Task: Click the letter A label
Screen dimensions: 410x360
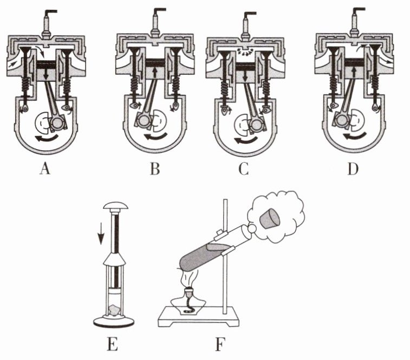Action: (45, 168)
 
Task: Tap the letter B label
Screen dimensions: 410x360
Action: (155, 169)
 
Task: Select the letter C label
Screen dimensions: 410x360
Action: (244, 169)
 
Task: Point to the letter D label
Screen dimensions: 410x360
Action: (353, 169)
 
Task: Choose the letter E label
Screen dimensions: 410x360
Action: (113, 344)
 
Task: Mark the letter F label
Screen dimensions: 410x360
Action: (220, 344)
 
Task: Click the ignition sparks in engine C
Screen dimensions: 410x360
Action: (244, 52)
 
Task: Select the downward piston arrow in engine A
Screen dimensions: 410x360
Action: (46, 74)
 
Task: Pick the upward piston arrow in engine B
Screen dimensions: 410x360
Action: (155, 73)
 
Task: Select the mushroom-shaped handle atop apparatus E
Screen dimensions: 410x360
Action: (116, 205)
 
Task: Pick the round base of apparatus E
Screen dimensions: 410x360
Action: (114, 322)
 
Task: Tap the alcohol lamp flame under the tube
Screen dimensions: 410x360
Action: (190, 279)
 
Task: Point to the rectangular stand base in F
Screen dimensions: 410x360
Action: (199, 317)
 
